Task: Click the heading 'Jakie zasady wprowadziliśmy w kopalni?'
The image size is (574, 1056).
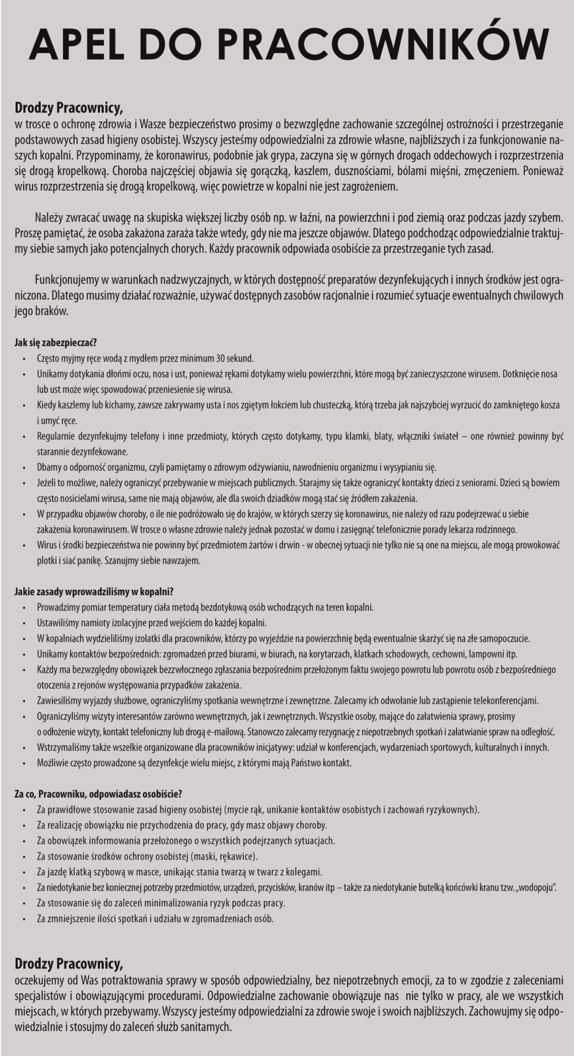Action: pyautogui.click(x=94, y=591)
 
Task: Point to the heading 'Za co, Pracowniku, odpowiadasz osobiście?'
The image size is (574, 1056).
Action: pyautogui.click(x=98, y=794)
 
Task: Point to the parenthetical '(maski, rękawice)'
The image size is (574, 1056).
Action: pyautogui.click(x=224, y=857)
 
